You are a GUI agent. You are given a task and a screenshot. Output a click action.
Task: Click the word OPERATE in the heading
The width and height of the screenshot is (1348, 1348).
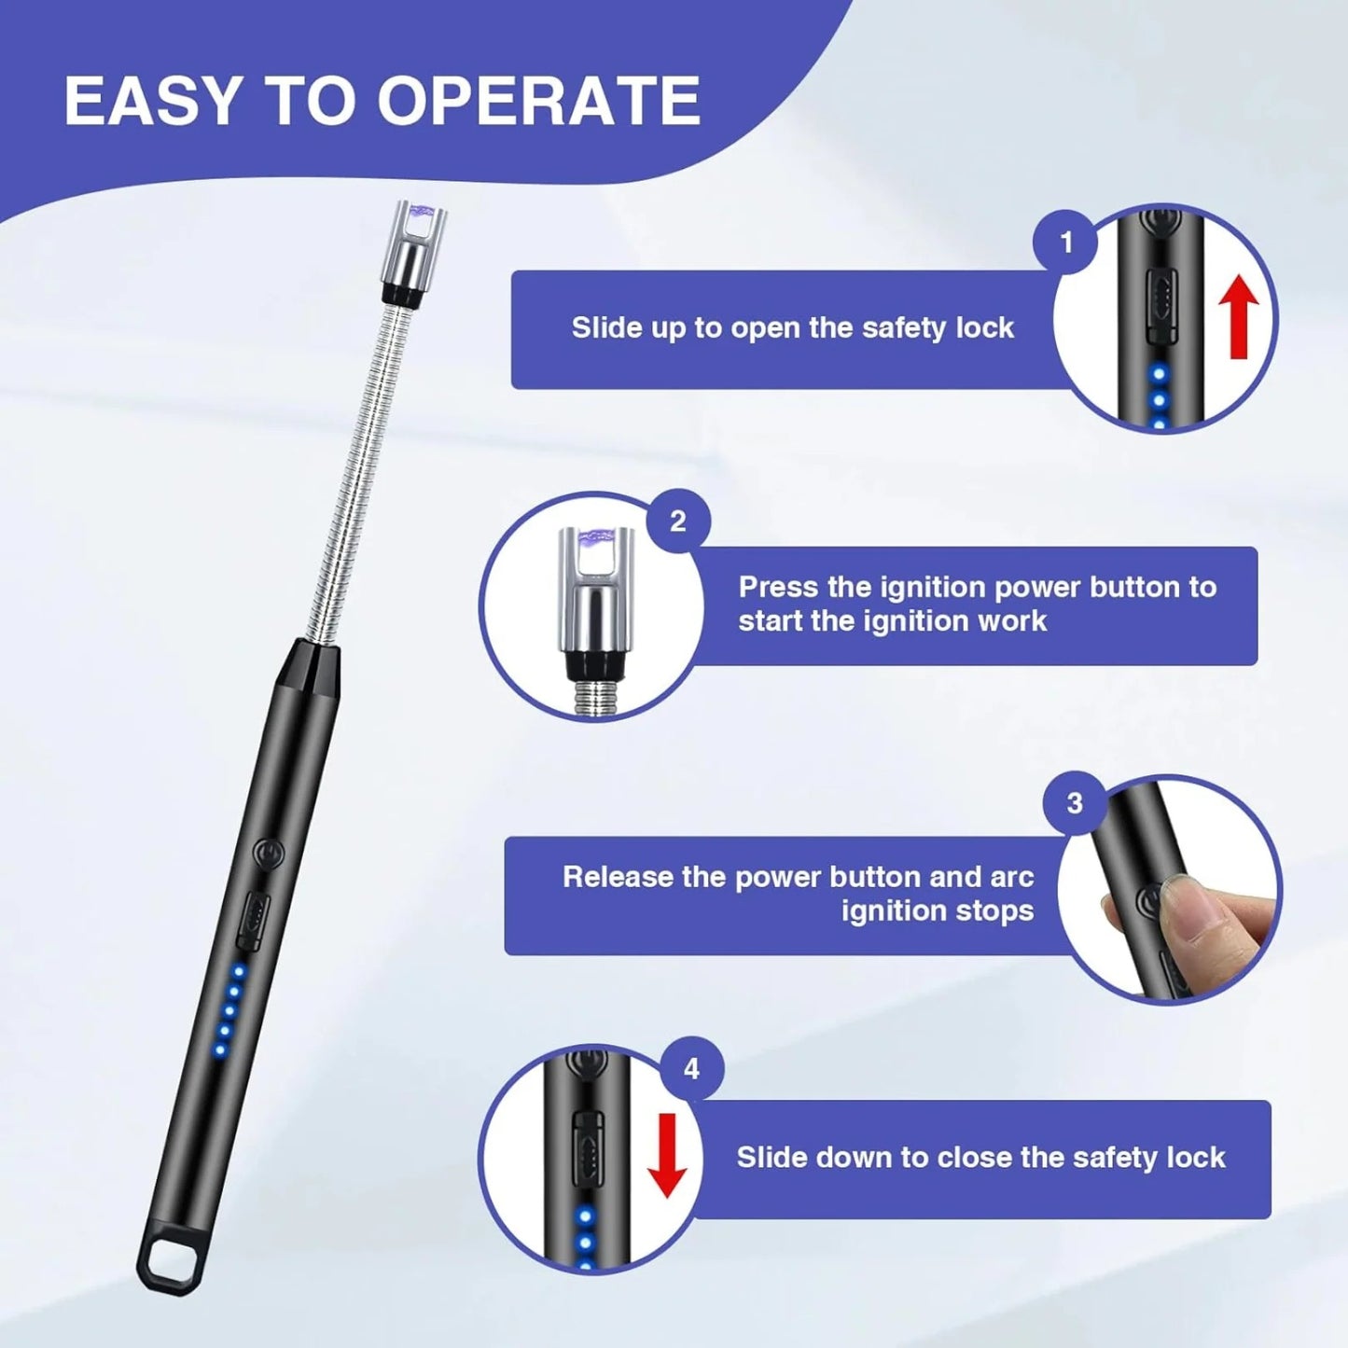[x=538, y=101]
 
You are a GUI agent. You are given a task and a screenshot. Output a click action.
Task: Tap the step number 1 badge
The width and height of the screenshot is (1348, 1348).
[x=1065, y=243]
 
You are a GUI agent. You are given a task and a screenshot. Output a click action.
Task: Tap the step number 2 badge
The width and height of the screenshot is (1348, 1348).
[x=678, y=521]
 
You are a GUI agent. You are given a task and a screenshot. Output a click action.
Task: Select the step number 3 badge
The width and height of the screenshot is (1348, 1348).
[x=1074, y=803]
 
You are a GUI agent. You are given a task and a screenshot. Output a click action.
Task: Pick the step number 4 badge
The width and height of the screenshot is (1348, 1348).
[x=691, y=1068]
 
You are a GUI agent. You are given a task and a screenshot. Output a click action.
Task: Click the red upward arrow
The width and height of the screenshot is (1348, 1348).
[x=1239, y=317]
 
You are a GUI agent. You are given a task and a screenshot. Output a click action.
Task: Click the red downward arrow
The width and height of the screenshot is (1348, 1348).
[x=667, y=1154]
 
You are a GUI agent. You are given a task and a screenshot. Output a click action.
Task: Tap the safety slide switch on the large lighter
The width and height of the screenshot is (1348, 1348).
[x=254, y=922]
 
